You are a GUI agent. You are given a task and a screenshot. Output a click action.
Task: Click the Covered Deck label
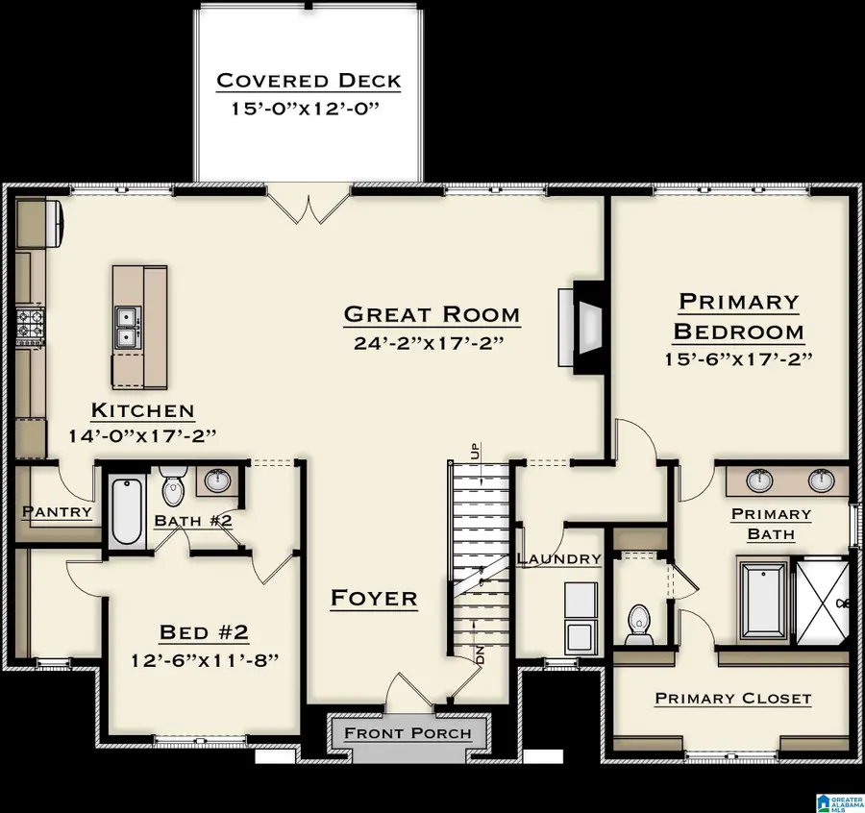click(x=308, y=80)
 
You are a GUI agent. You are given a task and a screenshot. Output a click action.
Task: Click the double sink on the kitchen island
click(x=126, y=329)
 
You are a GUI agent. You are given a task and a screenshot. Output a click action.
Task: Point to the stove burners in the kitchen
click(x=30, y=325)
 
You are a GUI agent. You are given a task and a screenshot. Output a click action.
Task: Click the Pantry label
click(x=57, y=512)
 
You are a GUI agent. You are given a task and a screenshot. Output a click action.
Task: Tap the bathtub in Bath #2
click(x=127, y=513)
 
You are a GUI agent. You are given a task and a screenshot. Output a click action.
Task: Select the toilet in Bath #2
click(x=173, y=486)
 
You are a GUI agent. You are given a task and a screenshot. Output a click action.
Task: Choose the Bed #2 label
click(x=204, y=632)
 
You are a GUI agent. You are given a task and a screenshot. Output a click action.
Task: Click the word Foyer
click(x=374, y=599)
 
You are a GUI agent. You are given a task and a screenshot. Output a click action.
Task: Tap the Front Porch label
click(x=408, y=734)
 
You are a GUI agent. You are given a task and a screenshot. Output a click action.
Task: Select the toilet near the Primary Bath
click(x=636, y=625)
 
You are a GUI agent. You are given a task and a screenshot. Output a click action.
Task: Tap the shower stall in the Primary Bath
click(x=822, y=602)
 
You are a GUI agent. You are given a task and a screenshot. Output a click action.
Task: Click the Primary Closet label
click(x=732, y=699)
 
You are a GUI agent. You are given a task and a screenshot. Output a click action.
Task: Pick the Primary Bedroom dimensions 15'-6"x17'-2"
click(x=738, y=358)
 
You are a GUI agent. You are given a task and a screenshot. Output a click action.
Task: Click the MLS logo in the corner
click(x=837, y=801)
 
